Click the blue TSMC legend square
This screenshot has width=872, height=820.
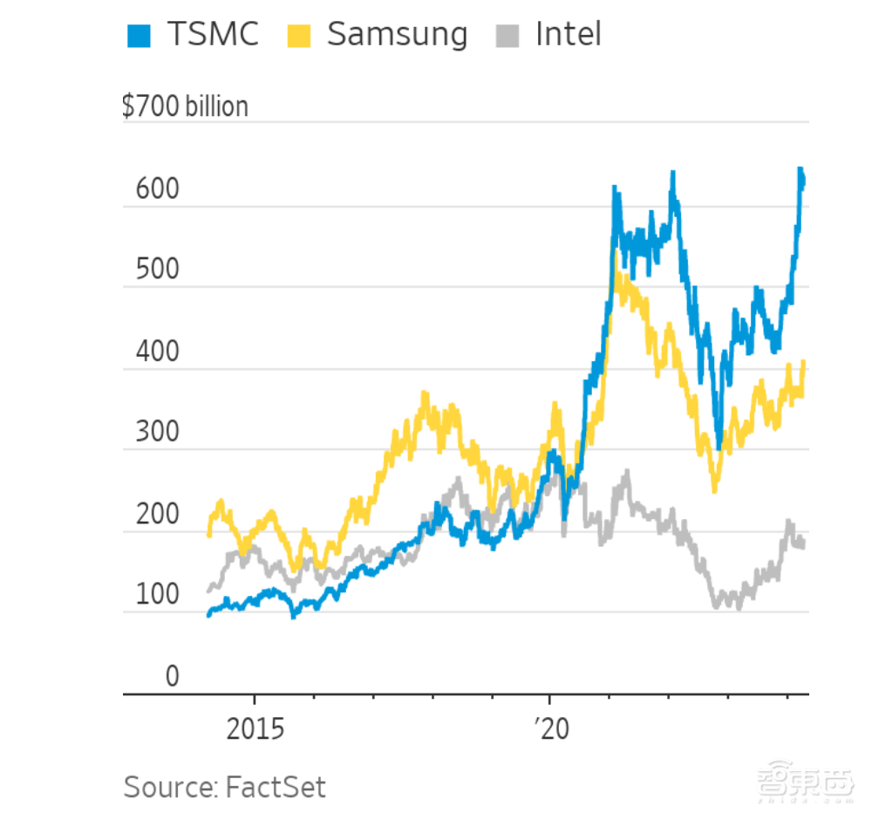(139, 36)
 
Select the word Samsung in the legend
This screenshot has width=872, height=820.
(397, 35)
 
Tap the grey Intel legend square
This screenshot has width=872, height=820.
(508, 36)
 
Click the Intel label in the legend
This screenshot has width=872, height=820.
(568, 35)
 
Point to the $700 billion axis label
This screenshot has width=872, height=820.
(185, 106)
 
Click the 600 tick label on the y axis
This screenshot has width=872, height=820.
(157, 189)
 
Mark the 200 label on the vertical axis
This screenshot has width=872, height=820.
(157, 515)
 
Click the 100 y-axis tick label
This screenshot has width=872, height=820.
(157, 596)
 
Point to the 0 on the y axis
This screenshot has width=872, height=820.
(172, 677)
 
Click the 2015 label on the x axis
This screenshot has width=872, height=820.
(255, 728)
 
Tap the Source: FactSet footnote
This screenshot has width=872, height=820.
(224, 787)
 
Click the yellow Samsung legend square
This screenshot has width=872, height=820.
(298, 36)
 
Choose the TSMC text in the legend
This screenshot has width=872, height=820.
(215, 35)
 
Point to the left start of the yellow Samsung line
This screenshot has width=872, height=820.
(209, 534)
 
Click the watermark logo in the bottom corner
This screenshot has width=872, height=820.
(804, 784)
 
